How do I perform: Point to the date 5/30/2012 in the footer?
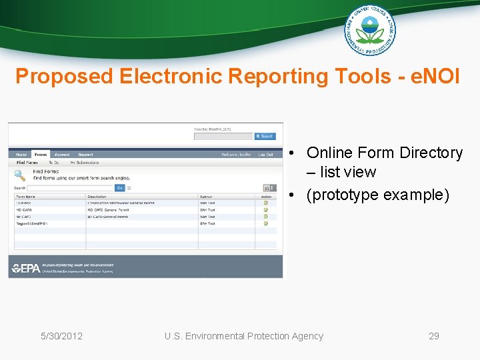click(61, 336)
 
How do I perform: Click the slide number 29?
click(433, 336)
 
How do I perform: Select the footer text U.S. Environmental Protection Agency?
click(244, 336)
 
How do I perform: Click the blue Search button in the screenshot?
click(265, 136)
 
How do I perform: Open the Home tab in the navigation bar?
click(21, 154)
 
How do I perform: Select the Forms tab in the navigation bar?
click(41, 154)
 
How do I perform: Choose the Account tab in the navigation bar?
click(62, 154)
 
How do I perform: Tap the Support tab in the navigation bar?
click(85, 154)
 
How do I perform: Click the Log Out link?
click(265, 154)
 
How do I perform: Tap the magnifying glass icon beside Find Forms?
click(20, 175)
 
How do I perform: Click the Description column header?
click(97, 197)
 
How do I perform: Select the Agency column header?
click(207, 197)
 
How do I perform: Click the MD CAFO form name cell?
click(24, 210)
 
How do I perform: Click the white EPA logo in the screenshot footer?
click(25, 268)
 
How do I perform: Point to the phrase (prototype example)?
click(377, 195)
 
